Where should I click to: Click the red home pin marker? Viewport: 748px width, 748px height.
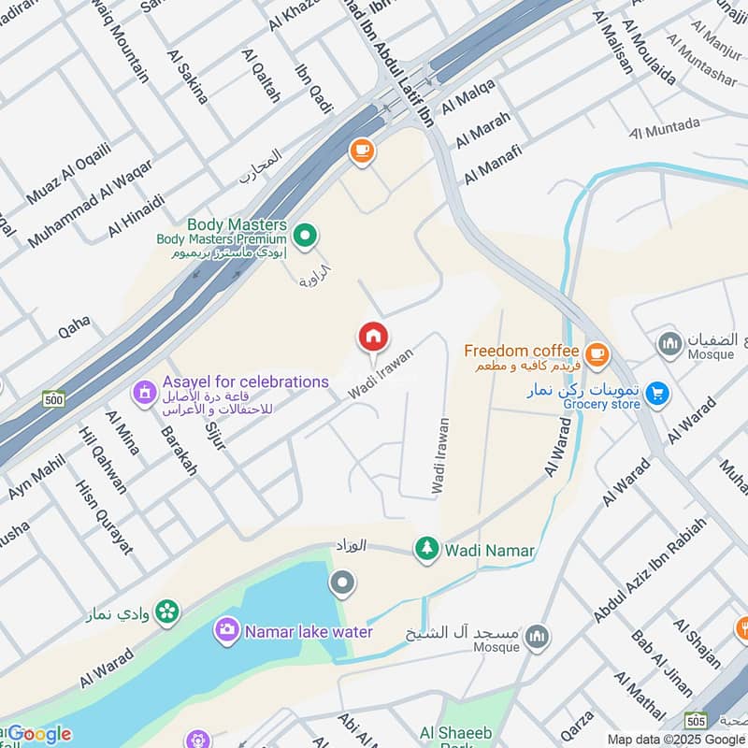(x=372, y=338)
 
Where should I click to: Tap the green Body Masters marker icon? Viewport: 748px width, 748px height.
(x=304, y=235)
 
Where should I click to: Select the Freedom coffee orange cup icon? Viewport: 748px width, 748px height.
(x=597, y=354)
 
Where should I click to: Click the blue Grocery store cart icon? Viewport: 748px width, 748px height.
(x=658, y=394)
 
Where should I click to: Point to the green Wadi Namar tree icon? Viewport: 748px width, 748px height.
(x=427, y=549)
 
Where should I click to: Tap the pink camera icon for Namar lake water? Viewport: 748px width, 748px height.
(x=226, y=631)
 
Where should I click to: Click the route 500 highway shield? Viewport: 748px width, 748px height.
(x=53, y=398)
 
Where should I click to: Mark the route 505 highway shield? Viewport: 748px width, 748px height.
(x=696, y=721)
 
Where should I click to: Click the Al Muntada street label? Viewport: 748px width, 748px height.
(x=665, y=127)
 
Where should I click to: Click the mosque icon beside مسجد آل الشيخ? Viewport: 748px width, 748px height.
(x=536, y=637)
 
